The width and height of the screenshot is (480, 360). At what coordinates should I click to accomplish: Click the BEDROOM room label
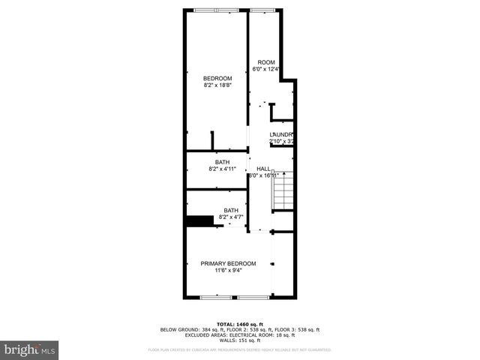[217, 78]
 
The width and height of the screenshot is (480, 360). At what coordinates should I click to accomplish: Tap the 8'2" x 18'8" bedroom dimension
[217, 85]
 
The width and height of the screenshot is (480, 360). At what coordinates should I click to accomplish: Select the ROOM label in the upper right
[266, 62]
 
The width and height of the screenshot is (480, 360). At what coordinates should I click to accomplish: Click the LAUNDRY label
[281, 134]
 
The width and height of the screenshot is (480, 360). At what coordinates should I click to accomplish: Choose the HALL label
[263, 169]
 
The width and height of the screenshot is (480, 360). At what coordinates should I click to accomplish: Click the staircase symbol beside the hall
[283, 191]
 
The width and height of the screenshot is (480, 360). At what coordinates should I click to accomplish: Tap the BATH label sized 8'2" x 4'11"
[223, 162]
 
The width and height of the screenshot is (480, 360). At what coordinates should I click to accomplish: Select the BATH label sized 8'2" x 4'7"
[231, 211]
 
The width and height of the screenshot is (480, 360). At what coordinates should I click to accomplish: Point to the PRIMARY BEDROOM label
[228, 263]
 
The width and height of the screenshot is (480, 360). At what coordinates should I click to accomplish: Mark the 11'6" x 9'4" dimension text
[228, 271]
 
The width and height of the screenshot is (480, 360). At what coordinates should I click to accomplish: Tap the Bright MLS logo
[30, 349]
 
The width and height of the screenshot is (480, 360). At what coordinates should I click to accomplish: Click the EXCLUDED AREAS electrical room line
[239, 334]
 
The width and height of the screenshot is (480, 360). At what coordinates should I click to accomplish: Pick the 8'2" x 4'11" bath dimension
[223, 169]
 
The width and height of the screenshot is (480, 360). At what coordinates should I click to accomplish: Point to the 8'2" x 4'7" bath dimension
[231, 218]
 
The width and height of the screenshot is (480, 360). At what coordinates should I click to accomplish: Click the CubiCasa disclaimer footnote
[239, 349]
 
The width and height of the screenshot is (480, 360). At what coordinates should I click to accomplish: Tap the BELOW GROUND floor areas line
[239, 330]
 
